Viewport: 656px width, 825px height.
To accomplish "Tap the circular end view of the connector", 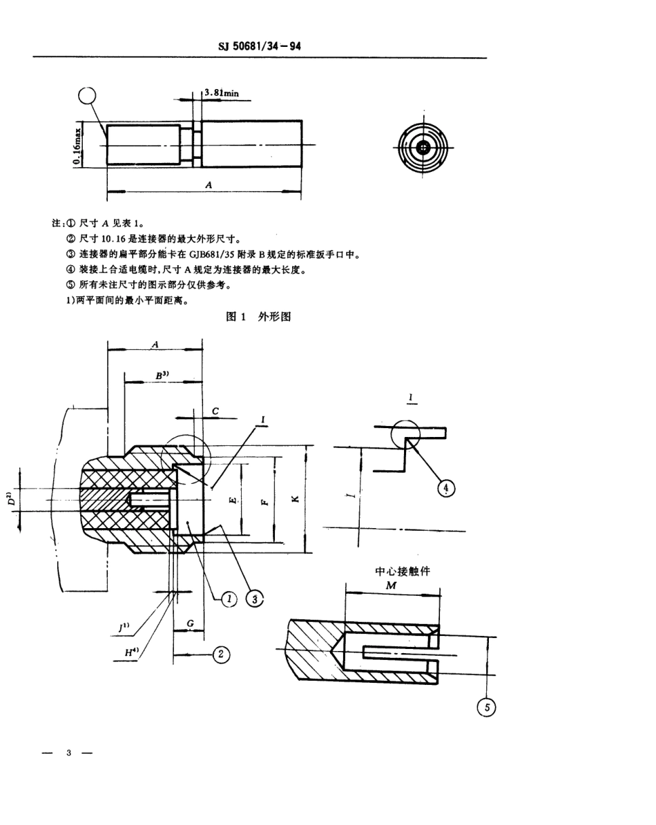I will click(423, 148).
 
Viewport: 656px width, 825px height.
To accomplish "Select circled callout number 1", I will click(229, 599).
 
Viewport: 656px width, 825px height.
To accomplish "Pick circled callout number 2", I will click(220, 654).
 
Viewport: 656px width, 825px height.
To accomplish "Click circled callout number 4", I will click(447, 488).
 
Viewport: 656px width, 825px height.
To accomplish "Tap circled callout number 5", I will click(488, 707).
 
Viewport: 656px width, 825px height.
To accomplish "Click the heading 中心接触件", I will click(401, 571).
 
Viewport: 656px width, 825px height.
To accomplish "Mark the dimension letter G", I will click(190, 623).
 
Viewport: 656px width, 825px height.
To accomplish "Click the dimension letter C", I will click(215, 411).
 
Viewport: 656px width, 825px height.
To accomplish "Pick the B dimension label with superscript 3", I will click(162, 375).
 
